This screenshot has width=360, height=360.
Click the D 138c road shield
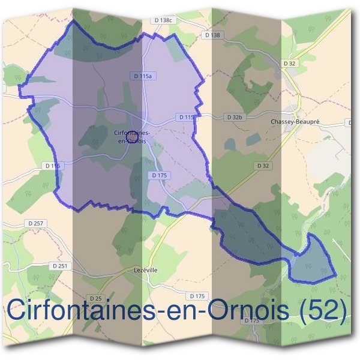(163, 20)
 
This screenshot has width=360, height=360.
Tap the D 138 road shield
(212, 35)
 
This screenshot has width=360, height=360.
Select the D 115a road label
(142, 76)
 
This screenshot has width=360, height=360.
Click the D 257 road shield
(36, 224)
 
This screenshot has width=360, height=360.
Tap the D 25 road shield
(95, 298)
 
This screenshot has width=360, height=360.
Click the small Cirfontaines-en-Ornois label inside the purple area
(131, 136)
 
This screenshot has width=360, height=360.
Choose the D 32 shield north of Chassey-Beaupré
(291, 63)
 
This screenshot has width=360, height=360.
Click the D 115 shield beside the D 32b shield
(185, 116)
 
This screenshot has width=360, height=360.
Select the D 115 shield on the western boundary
(52, 165)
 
